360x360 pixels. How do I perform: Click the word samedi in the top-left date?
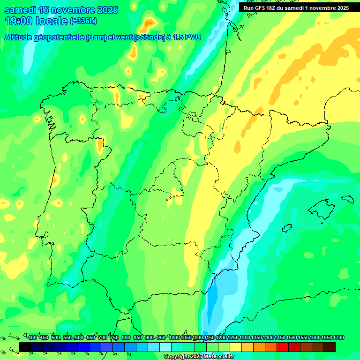[x=20, y=10]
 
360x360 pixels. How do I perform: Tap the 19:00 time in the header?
[x=18, y=21]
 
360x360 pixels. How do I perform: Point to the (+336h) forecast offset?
[x=83, y=21]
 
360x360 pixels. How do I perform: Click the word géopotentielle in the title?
[x=58, y=37]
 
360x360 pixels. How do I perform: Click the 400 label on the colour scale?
[x=32, y=338]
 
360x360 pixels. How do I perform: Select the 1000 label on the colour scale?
[x=174, y=338]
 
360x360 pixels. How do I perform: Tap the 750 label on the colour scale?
[x=114, y=338]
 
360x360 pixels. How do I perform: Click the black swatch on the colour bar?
[x=25, y=347]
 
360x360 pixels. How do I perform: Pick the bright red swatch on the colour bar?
[x=283, y=347]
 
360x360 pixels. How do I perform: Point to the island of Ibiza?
[x=286, y=227]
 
